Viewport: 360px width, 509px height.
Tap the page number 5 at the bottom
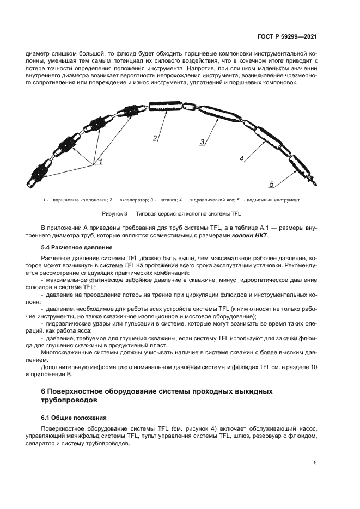click(315, 463)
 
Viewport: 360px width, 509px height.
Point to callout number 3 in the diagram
click(202, 142)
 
